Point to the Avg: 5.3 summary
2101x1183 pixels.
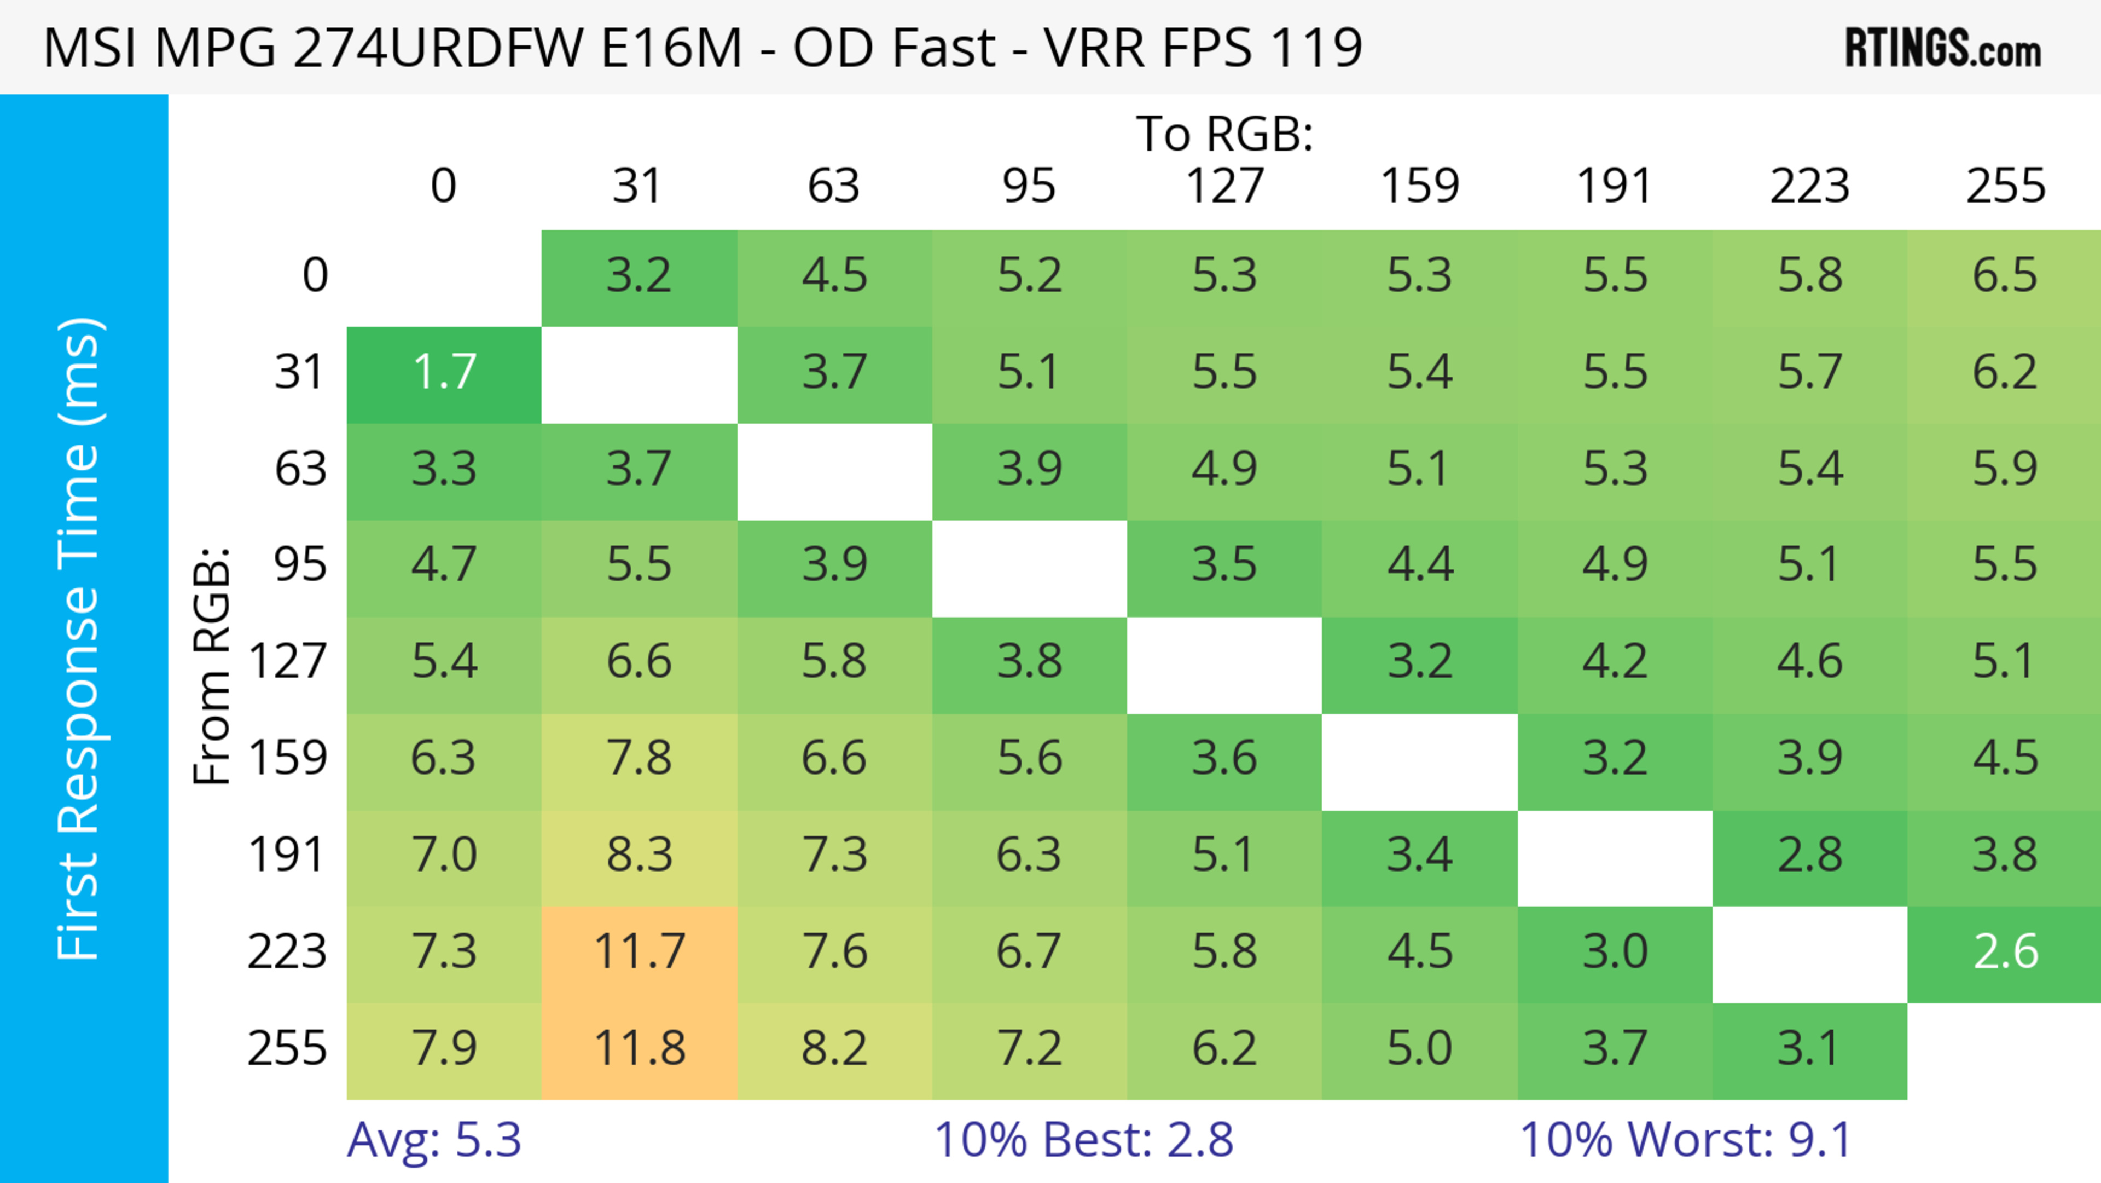(x=434, y=1140)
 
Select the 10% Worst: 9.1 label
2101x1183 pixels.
(x=1685, y=1140)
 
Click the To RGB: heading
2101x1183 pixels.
(x=1224, y=134)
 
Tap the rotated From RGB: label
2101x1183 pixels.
(x=212, y=666)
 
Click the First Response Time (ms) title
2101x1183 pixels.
(x=80, y=638)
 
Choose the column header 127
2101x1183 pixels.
(x=1224, y=186)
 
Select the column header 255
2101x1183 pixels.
(x=2005, y=186)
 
